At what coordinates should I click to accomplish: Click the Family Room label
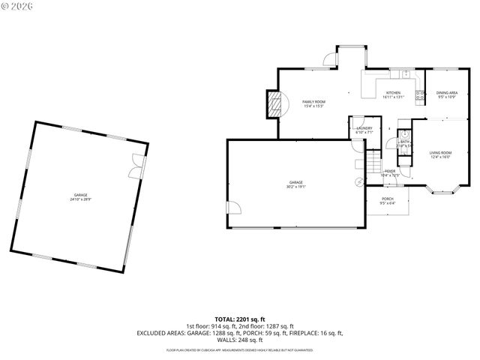coord(313,103)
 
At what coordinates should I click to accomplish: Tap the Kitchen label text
coord(393,94)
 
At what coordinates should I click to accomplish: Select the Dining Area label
coord(446,94)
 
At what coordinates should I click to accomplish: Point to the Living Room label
coord(440,154)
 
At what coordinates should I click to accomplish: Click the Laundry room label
coord(364,130)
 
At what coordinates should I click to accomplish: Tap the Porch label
coord(387,200)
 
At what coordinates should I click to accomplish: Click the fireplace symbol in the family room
coord(277,103)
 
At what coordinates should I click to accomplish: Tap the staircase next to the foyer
coord(373,162)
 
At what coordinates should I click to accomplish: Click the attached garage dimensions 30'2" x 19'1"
coord(296,186)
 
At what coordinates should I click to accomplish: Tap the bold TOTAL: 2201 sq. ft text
coord(240,319)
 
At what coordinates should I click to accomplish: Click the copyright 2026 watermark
coord(19,6)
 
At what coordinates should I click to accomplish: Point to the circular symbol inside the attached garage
coord(358,181)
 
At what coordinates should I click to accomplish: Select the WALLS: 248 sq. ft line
coord(240,339)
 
